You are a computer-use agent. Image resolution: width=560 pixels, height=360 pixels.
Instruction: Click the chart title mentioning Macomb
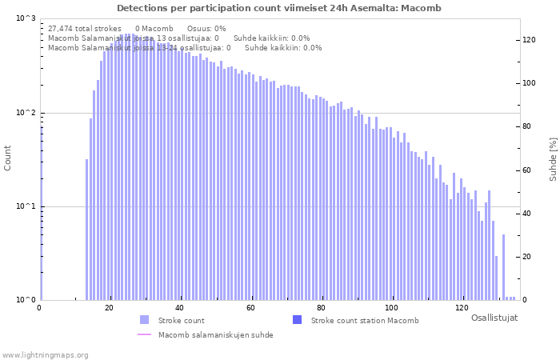[x=279, y=8]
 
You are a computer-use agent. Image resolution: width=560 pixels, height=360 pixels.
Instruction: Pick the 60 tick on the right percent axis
[x=528, y=170]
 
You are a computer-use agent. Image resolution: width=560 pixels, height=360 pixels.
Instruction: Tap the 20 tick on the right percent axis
[x=528, y=257]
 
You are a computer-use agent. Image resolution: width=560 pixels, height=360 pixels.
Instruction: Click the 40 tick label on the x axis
[x=180, y=308]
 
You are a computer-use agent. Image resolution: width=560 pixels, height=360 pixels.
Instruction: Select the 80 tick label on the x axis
[x=321, y=308]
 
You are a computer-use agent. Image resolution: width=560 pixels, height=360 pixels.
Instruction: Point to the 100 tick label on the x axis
[x=391, y=308]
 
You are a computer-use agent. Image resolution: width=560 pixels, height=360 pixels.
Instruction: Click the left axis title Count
[x=8, y=158]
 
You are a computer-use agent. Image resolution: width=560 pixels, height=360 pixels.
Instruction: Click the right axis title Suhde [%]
[x=552, y=158]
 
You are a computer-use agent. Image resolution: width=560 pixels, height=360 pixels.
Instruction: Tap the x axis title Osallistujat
[x=494, y=318]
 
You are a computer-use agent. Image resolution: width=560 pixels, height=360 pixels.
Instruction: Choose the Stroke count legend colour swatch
[x=144, y=320]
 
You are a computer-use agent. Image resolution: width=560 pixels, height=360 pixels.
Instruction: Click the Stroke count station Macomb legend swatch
[x=297, y=320]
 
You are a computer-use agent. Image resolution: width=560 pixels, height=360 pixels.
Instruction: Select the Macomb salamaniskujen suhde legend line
[x=144, y=334]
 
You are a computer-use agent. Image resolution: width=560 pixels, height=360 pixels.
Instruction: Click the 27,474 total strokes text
[x=85, y=28]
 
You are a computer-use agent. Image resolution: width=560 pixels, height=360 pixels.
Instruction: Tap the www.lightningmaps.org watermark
[x=46, y=354]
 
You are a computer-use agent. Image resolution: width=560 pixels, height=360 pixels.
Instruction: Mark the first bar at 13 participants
[x=86, y=230]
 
